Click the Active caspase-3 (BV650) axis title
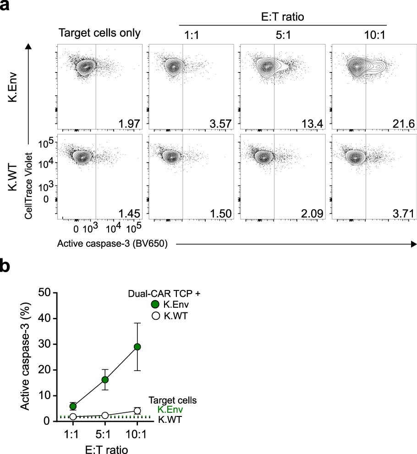[112, 245]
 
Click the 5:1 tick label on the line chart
[104, 433]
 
